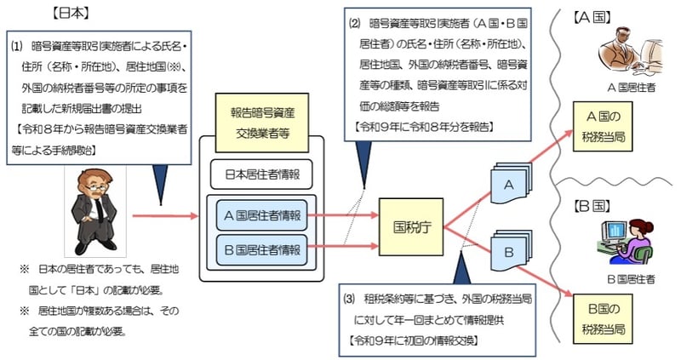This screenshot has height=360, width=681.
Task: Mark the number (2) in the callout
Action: [355, 22]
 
